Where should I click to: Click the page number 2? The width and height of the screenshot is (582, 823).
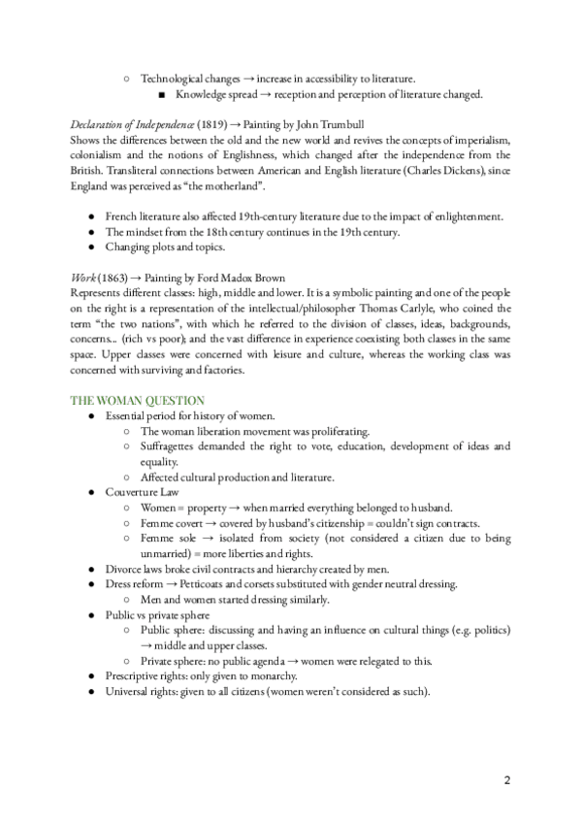(x=507, y=781)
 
